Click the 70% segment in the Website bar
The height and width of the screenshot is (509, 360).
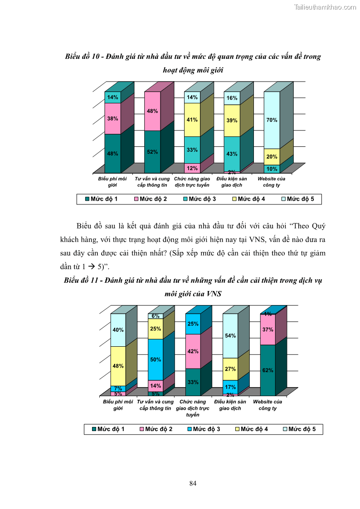(x=272, y=120)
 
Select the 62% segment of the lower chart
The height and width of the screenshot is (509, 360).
(x=268, y=370)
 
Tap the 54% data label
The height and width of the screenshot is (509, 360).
(x=230, y=336)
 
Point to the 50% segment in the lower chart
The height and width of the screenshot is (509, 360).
(x=156, y=359)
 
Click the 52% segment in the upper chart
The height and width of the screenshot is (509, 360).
(x=152, y=152)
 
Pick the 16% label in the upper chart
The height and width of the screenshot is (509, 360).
(x=232, y=98)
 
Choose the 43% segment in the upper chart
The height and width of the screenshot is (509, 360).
(x=232, y=154)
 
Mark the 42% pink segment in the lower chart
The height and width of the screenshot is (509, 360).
(x=193, y=351)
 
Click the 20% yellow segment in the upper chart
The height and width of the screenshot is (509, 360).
(x=272, y=156)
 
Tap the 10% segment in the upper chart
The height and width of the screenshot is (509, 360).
(x=272, y=169)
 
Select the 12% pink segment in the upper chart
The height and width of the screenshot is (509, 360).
(x=192, y=168)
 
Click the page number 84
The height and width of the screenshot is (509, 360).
(x=193, y=483)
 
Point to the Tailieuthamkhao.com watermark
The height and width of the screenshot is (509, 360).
(x=325, y=7)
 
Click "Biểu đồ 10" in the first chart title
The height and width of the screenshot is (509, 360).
(x=83, y=57)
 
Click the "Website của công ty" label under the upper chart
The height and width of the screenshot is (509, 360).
(x=272, y=182)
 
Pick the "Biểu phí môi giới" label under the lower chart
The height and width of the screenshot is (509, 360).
(x=118, y=405)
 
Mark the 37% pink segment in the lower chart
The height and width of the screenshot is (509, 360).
(x=268, y=330)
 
